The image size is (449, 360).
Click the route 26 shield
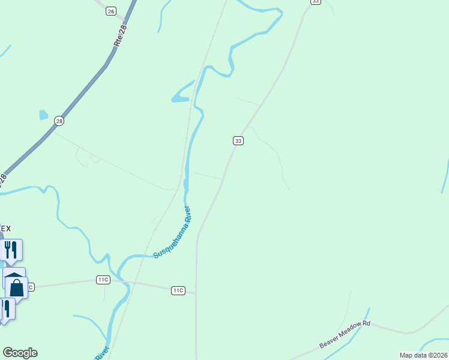pyautogui.click(x=111, y=11)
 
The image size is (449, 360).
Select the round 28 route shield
pyautogui.click(x=59, y=121)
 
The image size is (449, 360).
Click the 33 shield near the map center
pyautogui.click(x=238, y=140)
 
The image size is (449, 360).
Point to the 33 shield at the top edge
pyautogui.click(x=316, y=2)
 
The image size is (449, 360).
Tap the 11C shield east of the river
pyautogui.click(x=178, y=290)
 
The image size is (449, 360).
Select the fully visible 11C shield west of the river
pyautogui.click(x=103, y=280)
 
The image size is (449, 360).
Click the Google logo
pyautogui.click(x=20, y=353)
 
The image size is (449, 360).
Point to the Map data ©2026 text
pyautogui.click(x=423, y=355)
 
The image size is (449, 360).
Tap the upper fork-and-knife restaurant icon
pyautogui.click(x=11, y=250)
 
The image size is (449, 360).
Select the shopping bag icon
pyautogui.click(x=17, y=289)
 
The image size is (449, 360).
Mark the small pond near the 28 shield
pyautogui.click(x=43, y=115)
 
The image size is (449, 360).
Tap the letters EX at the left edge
pyautogui.click(x=5, y=228)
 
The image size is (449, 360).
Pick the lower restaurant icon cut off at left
pyautogui.click(x=5, y=310)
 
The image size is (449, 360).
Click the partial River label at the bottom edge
pyautogui.click(x=101, y=353)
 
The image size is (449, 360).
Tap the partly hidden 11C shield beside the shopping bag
pyautogui.click(x=31, y=287)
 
